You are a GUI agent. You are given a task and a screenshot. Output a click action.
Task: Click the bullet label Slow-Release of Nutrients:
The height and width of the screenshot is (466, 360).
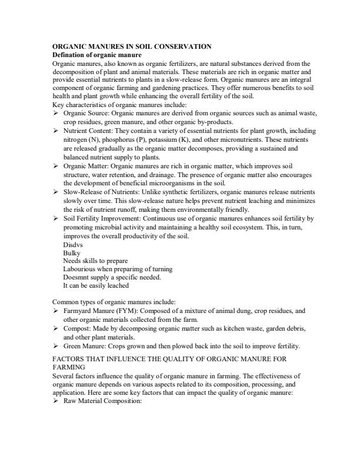tap(101, 192)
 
